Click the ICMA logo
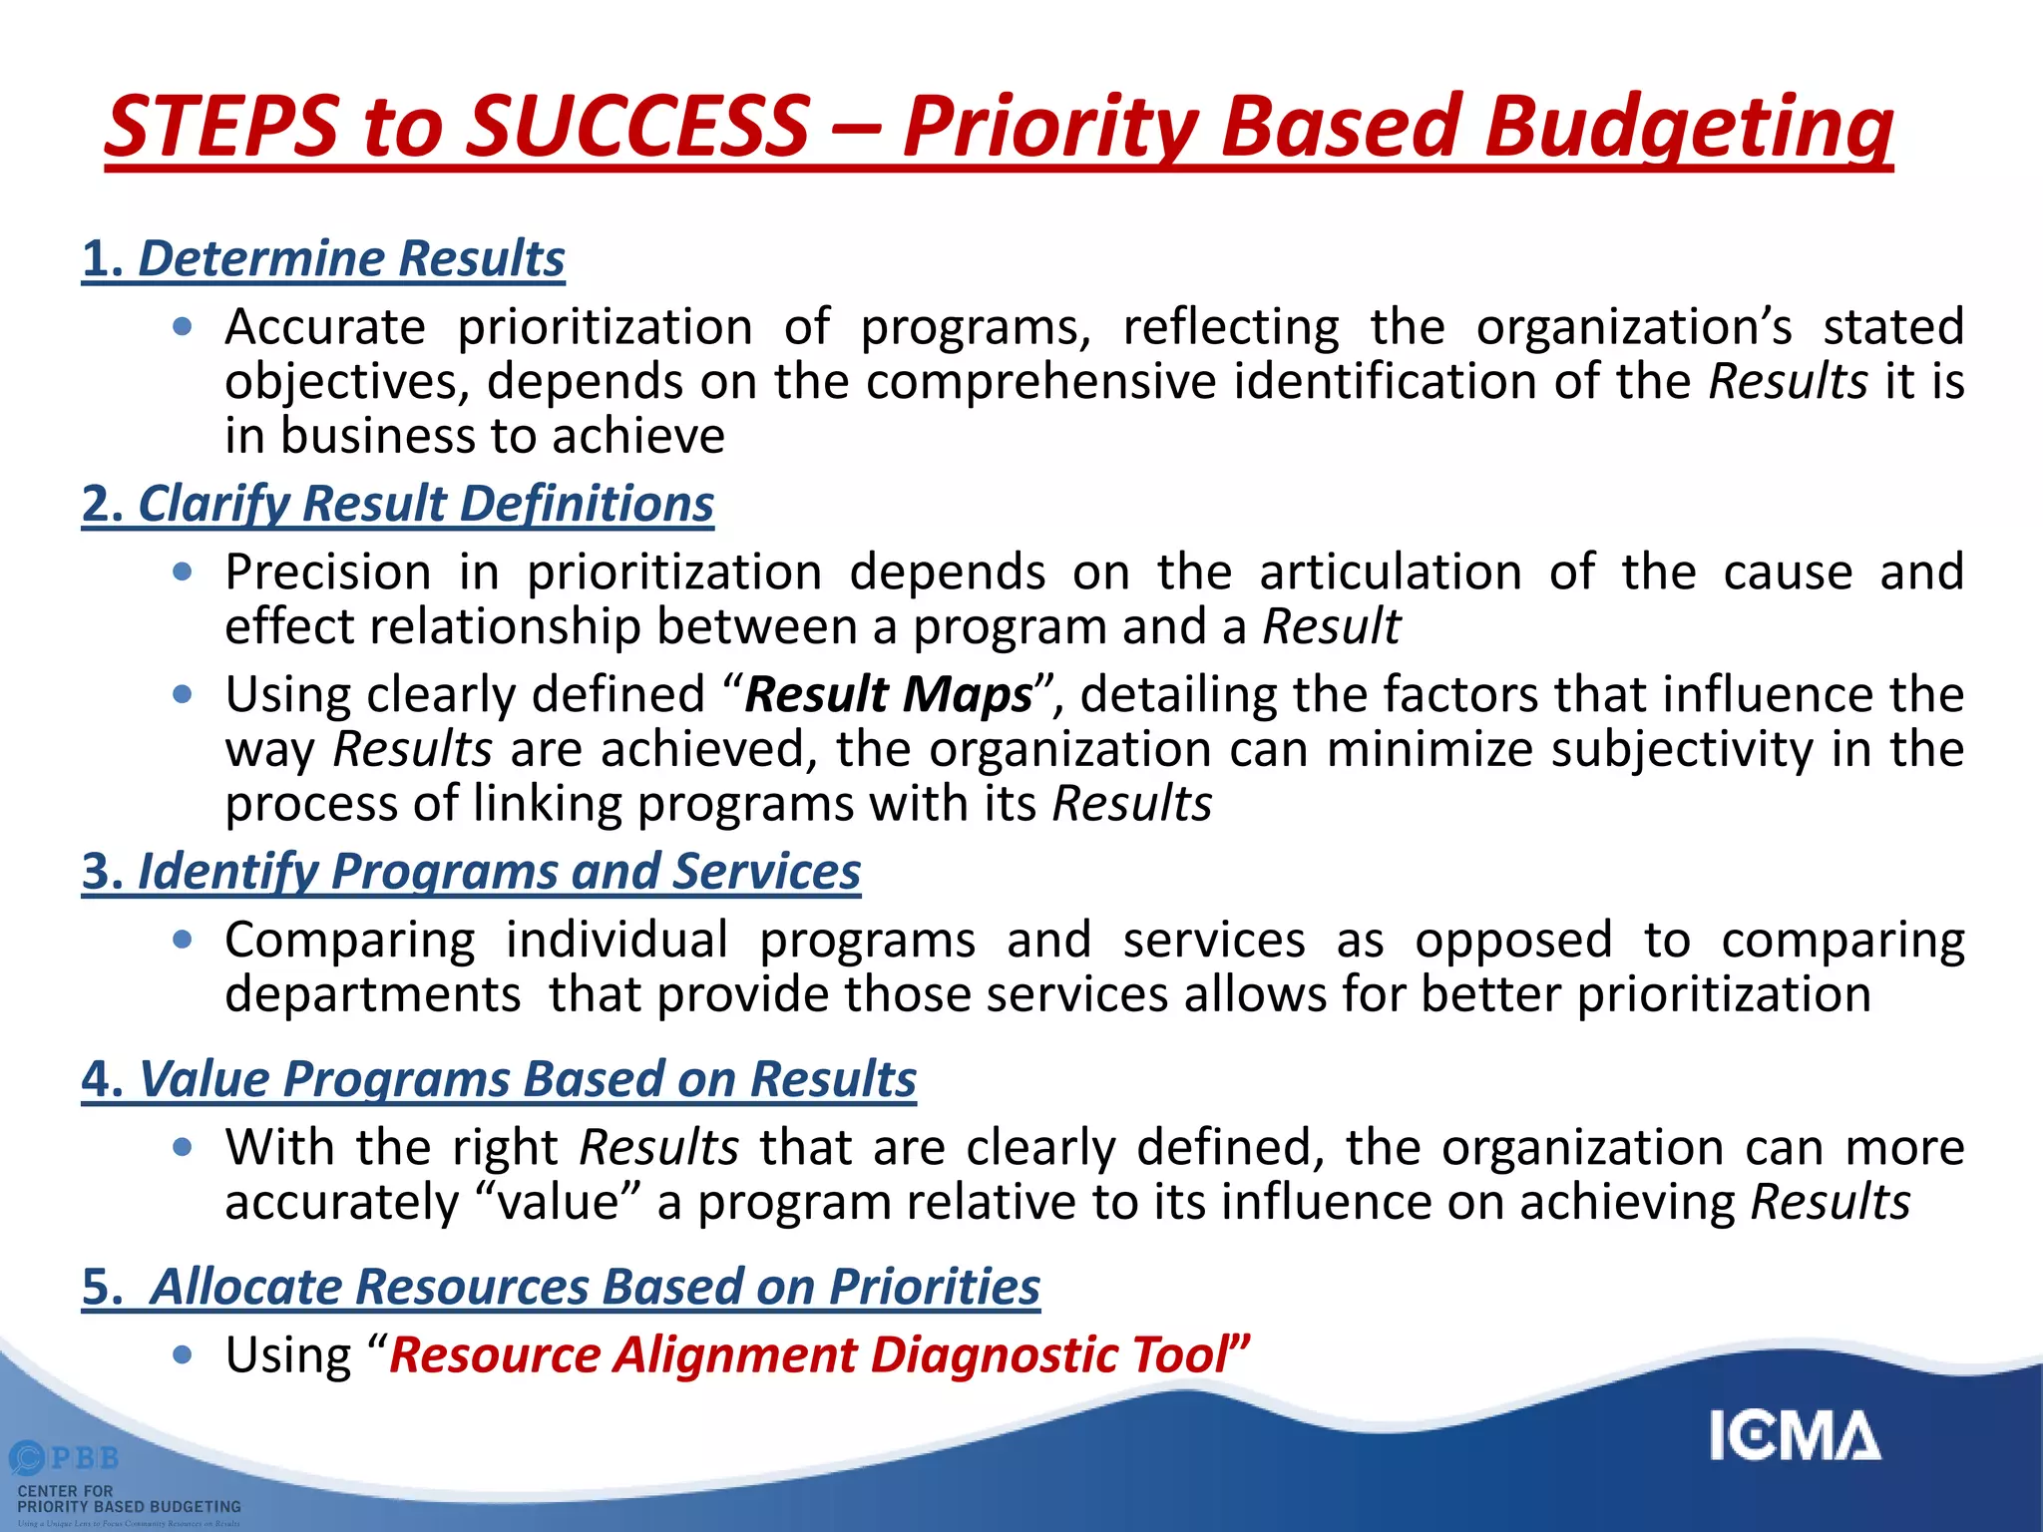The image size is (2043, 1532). (x=1795, y=1435)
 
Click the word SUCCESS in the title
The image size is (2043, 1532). (x=638, y=127)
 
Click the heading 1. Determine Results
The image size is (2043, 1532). (x=323, y=258)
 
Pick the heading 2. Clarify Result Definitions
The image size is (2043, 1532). (x=397, y=503)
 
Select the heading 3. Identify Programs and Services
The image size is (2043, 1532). (x=471, y=871)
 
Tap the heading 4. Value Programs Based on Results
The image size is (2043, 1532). (x=498, y=1079)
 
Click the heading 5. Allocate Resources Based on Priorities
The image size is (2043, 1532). (x=561, y=1287)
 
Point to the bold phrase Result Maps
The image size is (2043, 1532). (x=889, y=694)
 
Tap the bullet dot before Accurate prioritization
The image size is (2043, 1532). (x=182, y=326)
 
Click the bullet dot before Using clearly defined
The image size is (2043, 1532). (x=182, y=694)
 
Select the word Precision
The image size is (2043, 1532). (x=328, y=573)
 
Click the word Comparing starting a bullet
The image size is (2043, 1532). (x=350, y=940)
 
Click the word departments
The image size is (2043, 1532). (x=373, y=994)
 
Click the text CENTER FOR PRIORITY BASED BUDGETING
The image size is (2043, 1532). (x=129, y=1498)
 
